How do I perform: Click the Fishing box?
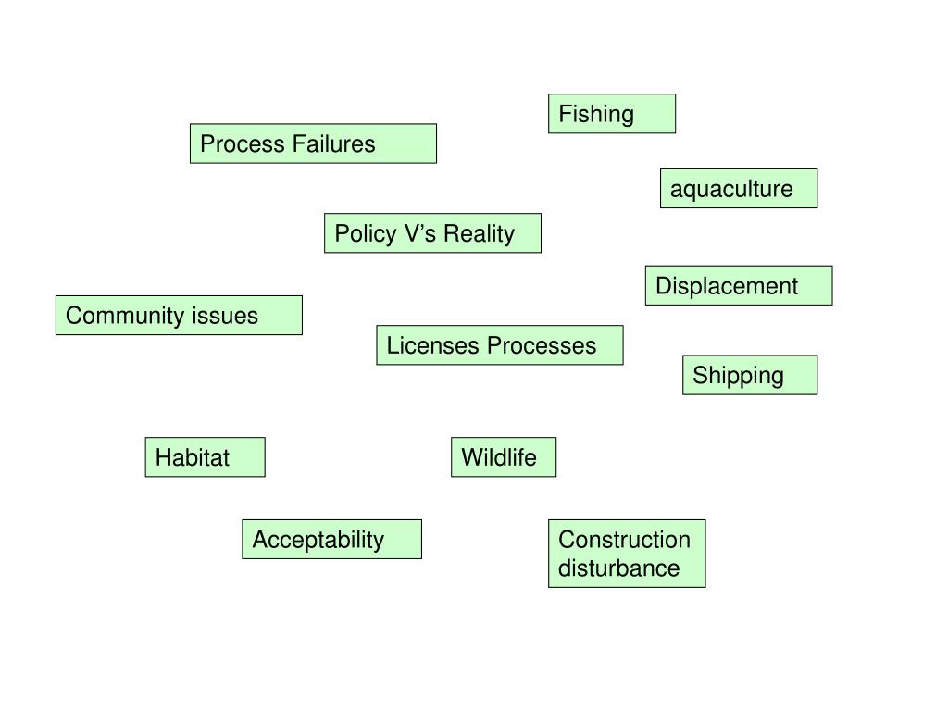click(x=612, y=114)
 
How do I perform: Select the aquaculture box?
click(x=739, y=189)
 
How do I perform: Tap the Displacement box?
click(x=739, y=285)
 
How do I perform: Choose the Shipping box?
click(x=750, y=375)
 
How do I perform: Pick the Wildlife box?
click(x=504, y=457)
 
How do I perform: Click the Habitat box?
click(x=205, y=457)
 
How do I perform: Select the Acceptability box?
click(x=332, y=540)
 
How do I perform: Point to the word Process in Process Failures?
click(x=243, y=143)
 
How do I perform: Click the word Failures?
click(x=333, y=143)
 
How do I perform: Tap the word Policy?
click(x=366, y=234)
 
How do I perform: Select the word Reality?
click(x=479, y=234)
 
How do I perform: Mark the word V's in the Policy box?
click(x=420, y=233)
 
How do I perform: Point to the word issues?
click(x=225, y=316)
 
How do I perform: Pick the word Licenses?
click(x=433, y=345)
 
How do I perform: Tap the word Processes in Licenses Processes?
click(x=542, y=345)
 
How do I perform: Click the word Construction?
click(x=625, y=540)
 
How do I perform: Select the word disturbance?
click(x=619, y=568)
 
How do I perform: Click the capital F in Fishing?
click(x=566, y=114)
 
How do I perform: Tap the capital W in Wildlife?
click(x=472, y=457)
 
